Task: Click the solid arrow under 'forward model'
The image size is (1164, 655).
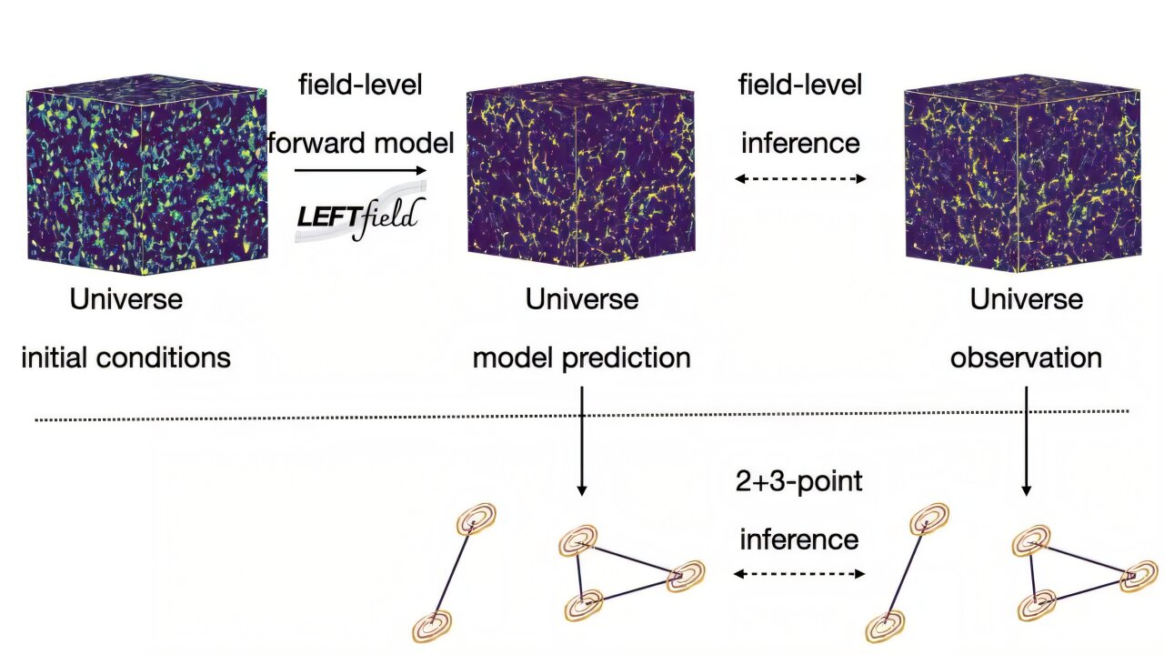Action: pos(360,170)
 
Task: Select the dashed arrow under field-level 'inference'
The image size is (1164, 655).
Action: pos(800,178)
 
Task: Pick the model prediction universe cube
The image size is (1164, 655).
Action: pos(582,178)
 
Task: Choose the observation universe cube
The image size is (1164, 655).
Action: pos(1022,178)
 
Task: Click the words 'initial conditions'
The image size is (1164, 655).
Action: pos(125,358)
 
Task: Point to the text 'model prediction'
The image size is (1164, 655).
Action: pos(582,358)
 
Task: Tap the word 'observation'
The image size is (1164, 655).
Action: pos(1026,358)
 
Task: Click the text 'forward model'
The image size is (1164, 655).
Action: pos(360,143)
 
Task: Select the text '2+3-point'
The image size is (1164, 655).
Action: pos(799,481)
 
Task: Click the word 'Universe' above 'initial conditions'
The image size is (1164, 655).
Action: pos(126,298)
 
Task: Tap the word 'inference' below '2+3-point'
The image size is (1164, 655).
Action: pos(799,539)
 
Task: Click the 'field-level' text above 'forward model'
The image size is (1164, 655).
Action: pos(360,86)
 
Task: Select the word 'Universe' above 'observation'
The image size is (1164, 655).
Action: pos(1026,298)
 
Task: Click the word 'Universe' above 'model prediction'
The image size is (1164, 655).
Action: pos(582,298)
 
